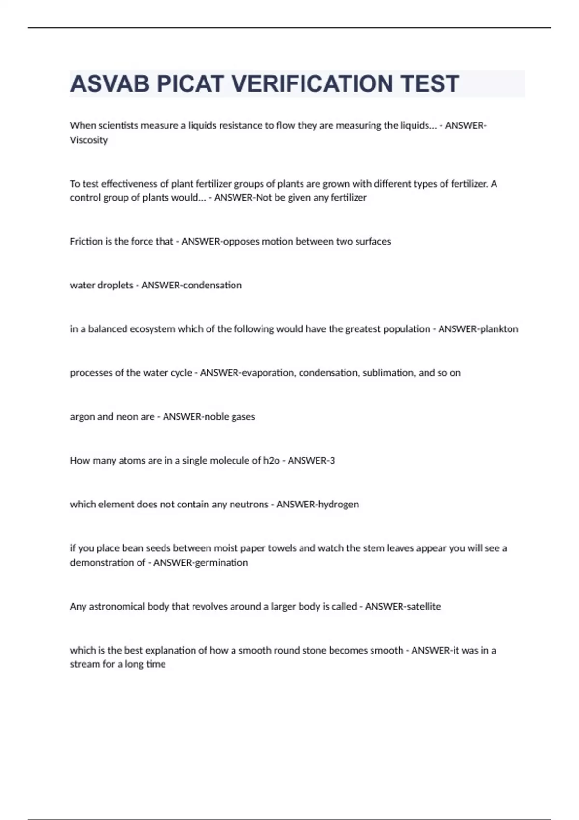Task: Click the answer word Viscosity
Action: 89,140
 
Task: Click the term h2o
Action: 271,461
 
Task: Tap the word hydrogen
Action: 338,505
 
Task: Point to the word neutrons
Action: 248,505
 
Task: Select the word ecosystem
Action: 152,329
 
